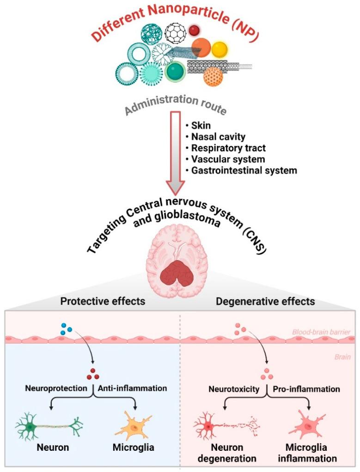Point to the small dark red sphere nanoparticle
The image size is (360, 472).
tap(194, 30)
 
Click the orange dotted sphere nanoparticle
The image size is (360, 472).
tap(213, 76)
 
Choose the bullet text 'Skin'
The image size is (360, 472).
tap(200, 126)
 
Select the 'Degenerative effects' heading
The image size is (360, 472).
tap(265, 302)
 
